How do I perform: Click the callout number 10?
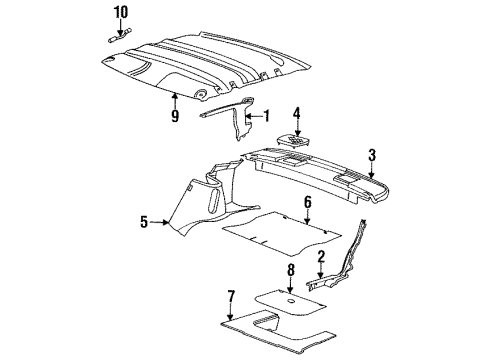[120, 12]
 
